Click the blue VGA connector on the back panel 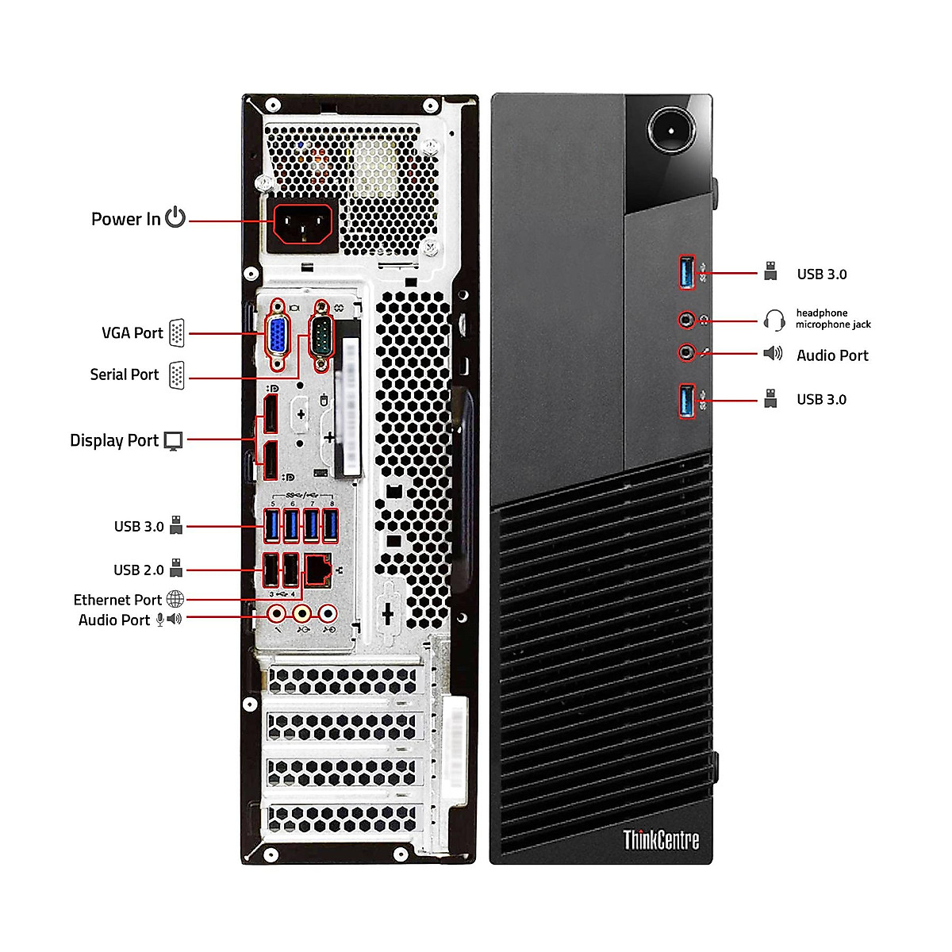pyautogui.click(x=277, y=334)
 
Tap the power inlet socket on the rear pyautogui.click(x=303, y=224)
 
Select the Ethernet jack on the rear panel pyautogui.click(x=319, y=570)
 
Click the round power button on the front pyautogui.click(x=670, y=129)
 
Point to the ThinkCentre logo pyautogui.click(x=661, y=839)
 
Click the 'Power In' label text pyautogui.click(x=125, y=219)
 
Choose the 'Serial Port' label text pyautogui.click(x=125, y=374)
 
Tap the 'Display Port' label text pyautogui.click(x=114, y=440)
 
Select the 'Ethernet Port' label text pyautogui.click(x=117, y=600)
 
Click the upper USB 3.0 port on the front pyautogui.click(x=687, y=273)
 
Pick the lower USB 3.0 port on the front pyautogui.click(x=687, y=400)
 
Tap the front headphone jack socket pyautogui.click(x=687, y=320)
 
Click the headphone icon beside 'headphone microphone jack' pyautogui.click(x=774, y=320)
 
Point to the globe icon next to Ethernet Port pyautogui.click(x=175, y=599)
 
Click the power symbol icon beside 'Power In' pyautogui.click(x=175, y=217)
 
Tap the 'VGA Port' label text pyautogui.click(x=132, y=333)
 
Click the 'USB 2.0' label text pyautogui.click(x=138, y=570)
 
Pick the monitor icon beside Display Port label pyautogui.click(x=173, y=441)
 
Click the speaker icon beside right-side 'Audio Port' pyautogui.click(x=773, y=354)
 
